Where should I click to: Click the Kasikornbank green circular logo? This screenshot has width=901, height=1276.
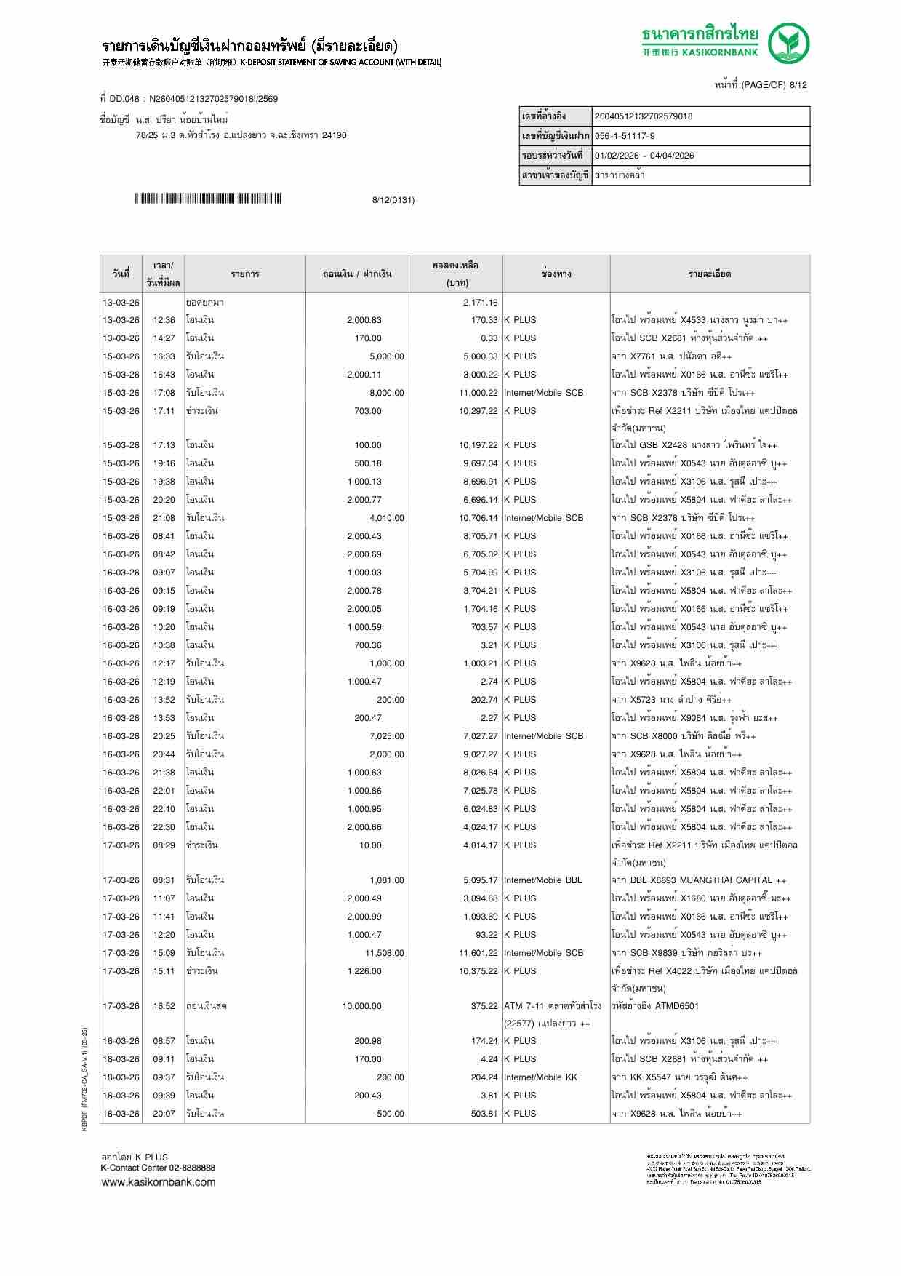[788, 43]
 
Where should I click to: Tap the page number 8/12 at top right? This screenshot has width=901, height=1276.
[798, 85]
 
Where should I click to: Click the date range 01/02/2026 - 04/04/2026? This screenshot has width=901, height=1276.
[644, 156]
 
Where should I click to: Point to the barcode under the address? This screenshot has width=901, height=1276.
[207, 199]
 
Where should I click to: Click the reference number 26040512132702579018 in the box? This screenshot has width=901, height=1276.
[644, 116]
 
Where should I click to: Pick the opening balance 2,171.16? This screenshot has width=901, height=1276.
[480, 303]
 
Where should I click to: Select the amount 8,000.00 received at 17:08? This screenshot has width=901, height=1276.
[386, 393]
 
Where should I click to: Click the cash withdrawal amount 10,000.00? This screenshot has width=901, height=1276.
[361, 1006]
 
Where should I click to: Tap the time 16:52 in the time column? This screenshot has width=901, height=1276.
[164, 1006]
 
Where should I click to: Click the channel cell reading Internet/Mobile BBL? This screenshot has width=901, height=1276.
[542, 880]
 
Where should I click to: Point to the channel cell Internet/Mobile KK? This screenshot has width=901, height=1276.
[540, 1077]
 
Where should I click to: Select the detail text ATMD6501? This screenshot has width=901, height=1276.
[676, 1006]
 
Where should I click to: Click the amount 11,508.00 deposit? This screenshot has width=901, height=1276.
[384, 953]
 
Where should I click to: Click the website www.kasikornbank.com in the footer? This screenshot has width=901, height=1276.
[158, 1182]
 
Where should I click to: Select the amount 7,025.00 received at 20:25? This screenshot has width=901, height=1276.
[386, 736]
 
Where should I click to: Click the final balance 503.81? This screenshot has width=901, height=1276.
[481, 1114]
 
